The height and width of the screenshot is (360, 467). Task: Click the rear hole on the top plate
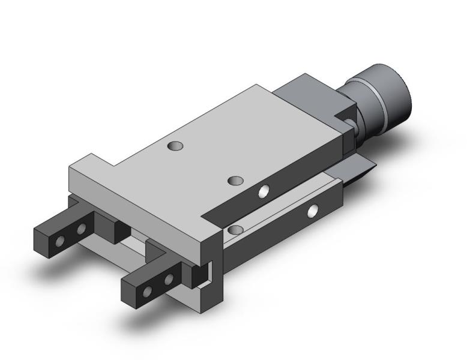click(x=175, y=145)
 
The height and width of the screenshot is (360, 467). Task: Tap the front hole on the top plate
click(x=237, y=180)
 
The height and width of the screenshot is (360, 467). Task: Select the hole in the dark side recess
click(x=264, y=191)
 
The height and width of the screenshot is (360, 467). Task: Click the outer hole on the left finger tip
click(x=59, y=241)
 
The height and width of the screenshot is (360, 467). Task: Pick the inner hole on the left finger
click(x=81, y=229)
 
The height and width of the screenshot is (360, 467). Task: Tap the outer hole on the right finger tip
click(x=147, y=291)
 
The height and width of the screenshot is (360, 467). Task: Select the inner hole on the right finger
click(x=169, y=279)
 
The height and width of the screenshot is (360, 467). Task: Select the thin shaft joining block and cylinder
click(x=354, y=126)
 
